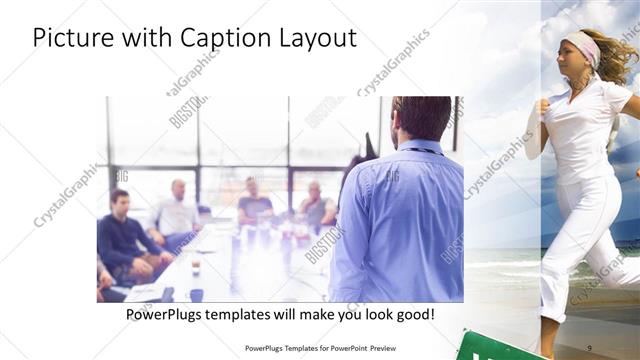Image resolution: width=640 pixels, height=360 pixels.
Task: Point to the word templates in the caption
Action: pyautogui.click(x=255, y=314)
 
